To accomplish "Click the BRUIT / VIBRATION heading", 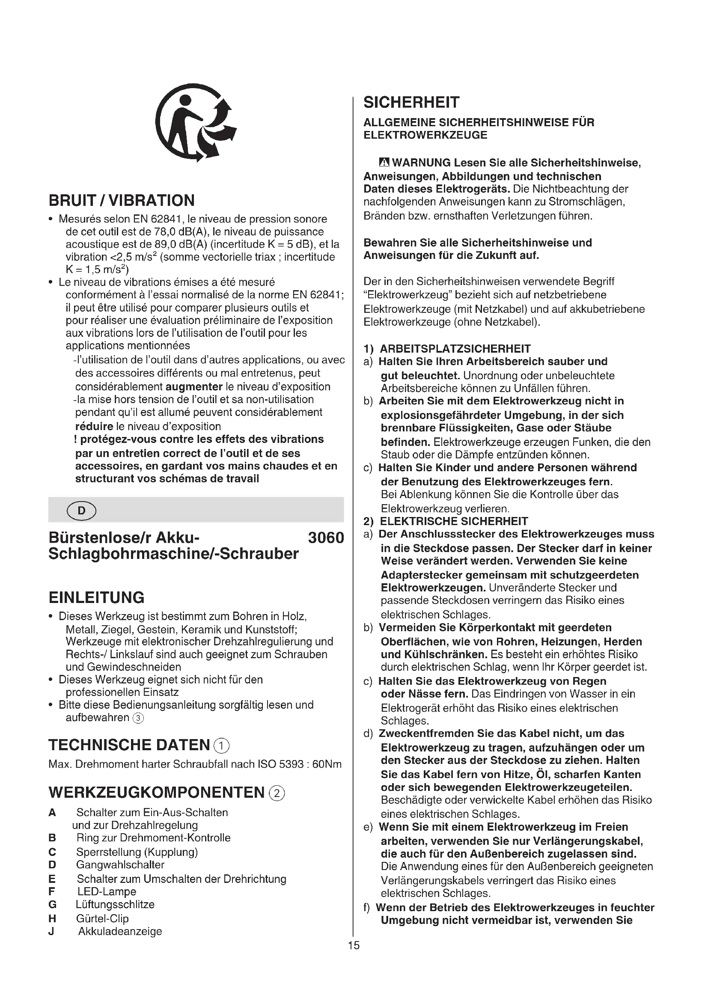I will (122, 201).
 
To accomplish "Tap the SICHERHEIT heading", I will (411, 102).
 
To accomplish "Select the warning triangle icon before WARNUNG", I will (384, 163).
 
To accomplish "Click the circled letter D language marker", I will (81, 510).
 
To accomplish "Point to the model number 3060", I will (326, 538).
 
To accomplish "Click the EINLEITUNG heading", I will (96, 597).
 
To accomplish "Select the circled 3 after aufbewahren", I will (138, 718).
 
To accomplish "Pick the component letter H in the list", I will (52, 918).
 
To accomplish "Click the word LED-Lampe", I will (107, 891).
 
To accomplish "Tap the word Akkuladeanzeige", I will (120, 931).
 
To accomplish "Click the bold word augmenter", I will (194, 387).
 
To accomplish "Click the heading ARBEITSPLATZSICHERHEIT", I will (455, 349).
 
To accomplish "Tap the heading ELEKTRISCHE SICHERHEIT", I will (453, 521).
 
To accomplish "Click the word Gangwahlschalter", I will (120, 865).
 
